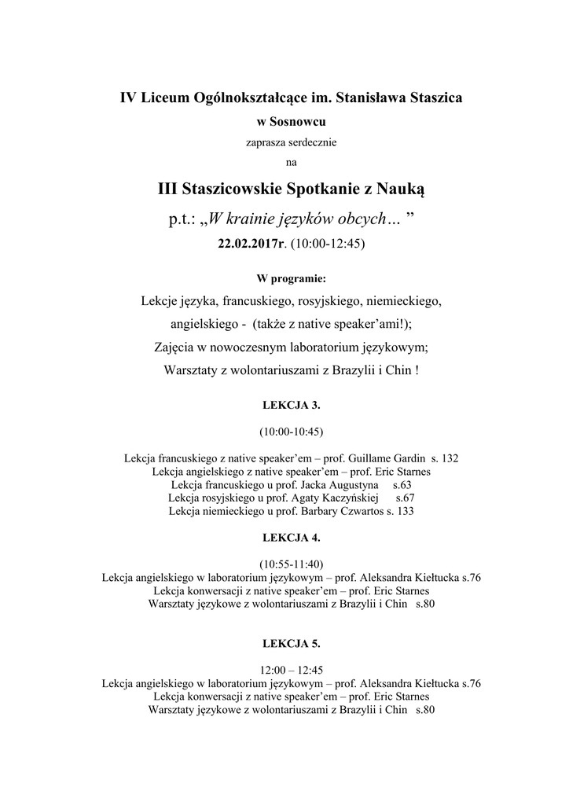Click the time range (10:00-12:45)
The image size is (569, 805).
[x=328, y=244]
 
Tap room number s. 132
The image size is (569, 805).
[x=445, y=458]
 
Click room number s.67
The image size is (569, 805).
[x=405, y=498]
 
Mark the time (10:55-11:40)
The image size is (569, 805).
[x=291, y=564]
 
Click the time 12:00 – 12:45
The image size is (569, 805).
[x=291, y=671]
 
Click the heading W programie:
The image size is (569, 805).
[x=291, y=279]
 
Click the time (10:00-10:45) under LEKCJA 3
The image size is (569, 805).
[x=291, y=432]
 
